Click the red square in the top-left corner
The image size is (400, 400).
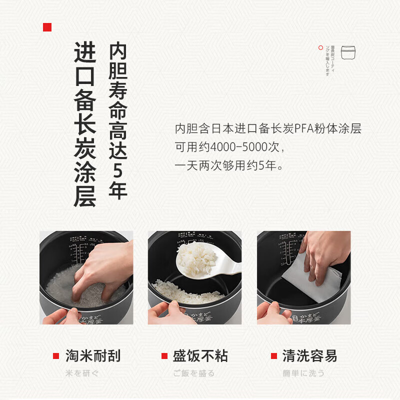click(47, 27)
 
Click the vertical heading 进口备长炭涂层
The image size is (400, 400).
click(84, 124)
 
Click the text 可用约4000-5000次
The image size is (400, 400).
click(229, 147)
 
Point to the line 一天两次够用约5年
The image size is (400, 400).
click(229, 166)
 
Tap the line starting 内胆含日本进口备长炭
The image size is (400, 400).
click(268, 129)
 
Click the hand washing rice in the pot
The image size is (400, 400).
click(97, 270)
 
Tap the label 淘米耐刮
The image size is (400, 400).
click(93, 356)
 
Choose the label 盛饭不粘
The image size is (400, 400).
click(200, 356)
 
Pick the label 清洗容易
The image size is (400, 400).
click(309, 356)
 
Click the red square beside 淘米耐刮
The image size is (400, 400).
click(56, 356)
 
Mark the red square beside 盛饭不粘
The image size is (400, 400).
click(164, 356)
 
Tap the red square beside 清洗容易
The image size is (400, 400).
click(273, 356)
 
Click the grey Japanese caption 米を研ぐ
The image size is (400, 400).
click(82, 373)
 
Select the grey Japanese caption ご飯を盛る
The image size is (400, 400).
click(194, 373)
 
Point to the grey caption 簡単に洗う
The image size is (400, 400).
click(303, 373)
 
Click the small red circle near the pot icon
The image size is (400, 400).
click(320, 48)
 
